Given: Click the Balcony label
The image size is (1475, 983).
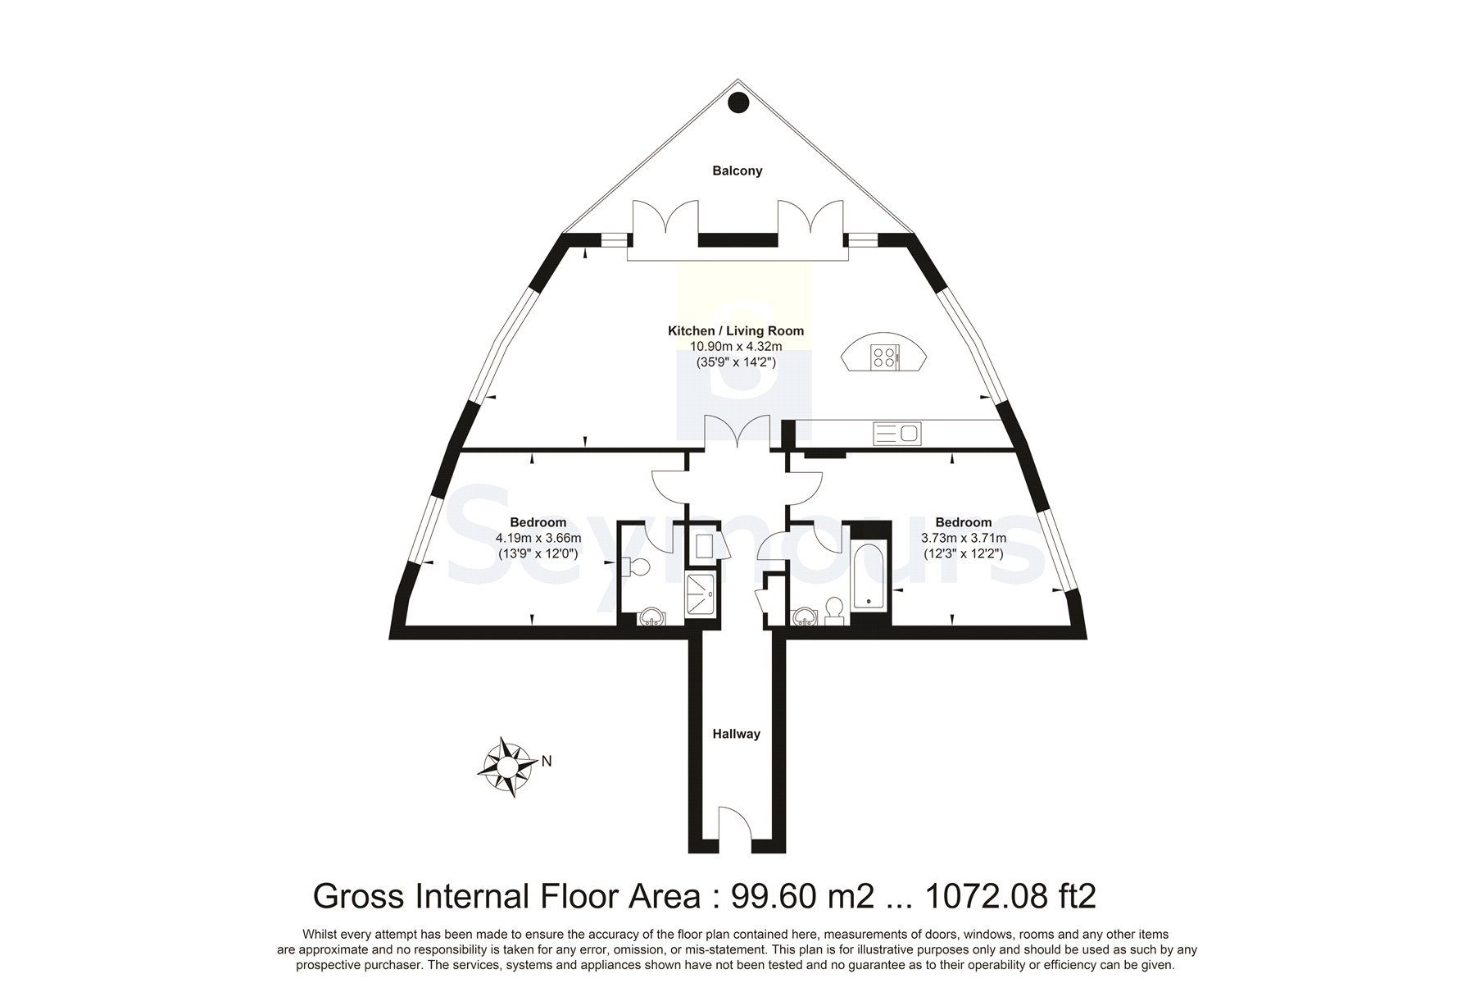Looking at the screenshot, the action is coord(737,171).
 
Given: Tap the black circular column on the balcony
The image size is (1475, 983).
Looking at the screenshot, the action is coord(739,102).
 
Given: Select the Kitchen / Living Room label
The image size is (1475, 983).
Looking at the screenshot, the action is coord(736,331).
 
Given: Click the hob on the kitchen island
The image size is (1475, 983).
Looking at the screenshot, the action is coord(884,357).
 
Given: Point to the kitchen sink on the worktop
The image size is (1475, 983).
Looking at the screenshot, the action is coord(897,432).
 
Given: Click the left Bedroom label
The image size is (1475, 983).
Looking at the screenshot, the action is coord(538,522).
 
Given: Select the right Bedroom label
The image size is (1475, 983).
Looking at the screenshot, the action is coord(964,522).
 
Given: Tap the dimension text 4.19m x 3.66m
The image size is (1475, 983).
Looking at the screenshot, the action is coord(538,538).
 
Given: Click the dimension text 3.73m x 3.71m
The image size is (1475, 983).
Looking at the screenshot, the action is coord(964,538).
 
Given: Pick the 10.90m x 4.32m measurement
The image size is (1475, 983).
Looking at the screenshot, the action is coord(736,347).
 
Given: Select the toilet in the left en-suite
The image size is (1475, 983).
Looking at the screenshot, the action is coord(635,565).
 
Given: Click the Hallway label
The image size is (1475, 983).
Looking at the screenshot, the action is coord(736,734).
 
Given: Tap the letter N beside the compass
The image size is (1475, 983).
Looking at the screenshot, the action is coord(547,761).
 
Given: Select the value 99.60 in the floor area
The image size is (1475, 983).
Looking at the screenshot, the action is coord(765,897).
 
